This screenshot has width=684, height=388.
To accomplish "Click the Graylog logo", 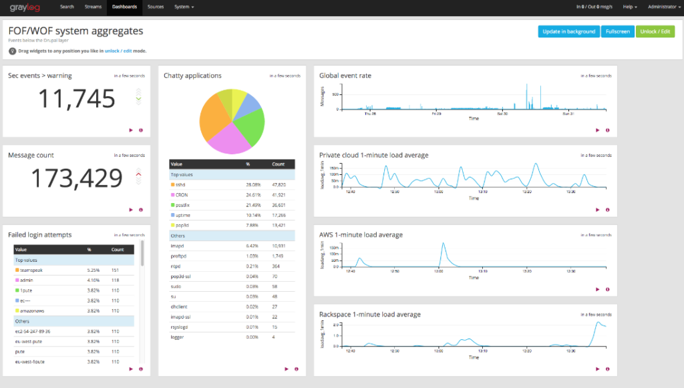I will (x=25, y=7).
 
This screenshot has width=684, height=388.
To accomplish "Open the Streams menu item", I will (x=94, y=7).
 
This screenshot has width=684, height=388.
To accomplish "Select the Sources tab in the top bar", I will (x=155, y=7).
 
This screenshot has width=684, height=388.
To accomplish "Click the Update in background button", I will (x=568, y=31).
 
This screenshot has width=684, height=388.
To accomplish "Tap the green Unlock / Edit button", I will (x=655, y=31).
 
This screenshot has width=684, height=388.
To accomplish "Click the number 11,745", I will (x=76, y=99).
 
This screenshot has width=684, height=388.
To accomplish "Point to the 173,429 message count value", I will (x=77, y=178).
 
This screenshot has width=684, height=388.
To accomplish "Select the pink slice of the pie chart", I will (x=227, y=139).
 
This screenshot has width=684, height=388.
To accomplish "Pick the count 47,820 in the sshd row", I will (x=279, y=184).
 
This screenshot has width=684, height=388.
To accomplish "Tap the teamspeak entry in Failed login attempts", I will (x=33, y=270).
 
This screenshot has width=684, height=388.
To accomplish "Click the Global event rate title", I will (x=345, y=75).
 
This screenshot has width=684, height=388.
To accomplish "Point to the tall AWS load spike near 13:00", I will (x=443, y=245).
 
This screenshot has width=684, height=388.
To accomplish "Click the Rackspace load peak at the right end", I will (x=597, y=323).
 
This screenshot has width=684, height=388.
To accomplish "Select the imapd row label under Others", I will (x=177, y=246).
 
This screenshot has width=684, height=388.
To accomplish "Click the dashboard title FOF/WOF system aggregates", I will (x=75, y=31).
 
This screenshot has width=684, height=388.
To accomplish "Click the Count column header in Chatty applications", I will (x=278, y=164).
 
